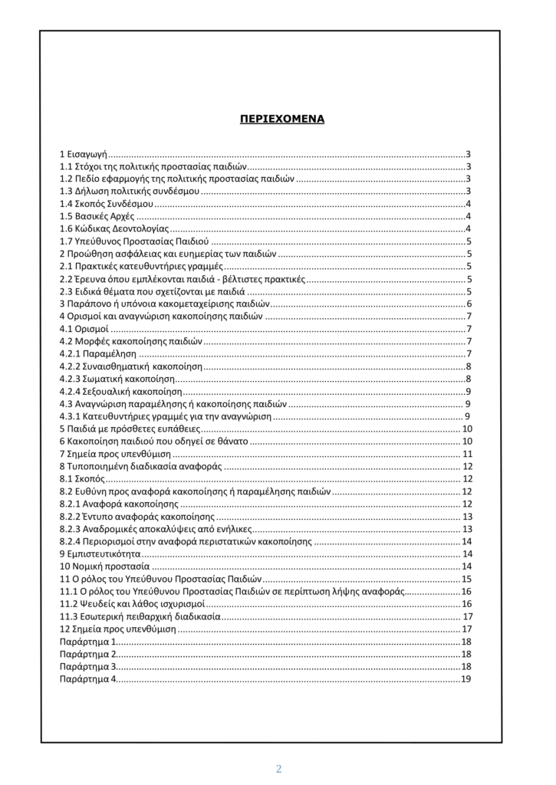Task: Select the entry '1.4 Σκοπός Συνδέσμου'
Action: point(107,204)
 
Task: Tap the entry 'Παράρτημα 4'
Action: point(88,679)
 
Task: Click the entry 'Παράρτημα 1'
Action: point(88,641)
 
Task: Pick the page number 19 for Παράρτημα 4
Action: point(466,679)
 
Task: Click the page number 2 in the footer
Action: point(279,769)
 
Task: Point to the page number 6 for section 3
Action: point(468,304)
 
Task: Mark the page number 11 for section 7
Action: point(466,454)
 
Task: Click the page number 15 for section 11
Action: point(466,579)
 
